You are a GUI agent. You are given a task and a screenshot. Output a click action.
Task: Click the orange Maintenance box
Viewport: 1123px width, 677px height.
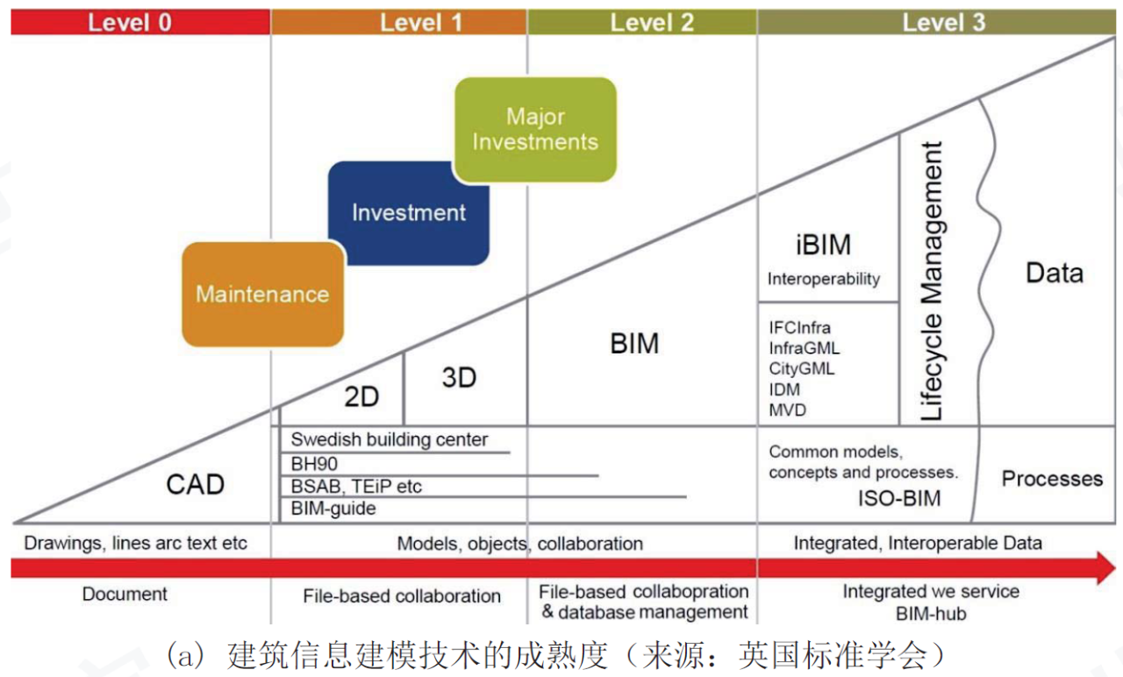click(x=262, y=294)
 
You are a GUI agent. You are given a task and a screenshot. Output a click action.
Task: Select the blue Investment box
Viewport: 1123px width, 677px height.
click(x=409, y=213)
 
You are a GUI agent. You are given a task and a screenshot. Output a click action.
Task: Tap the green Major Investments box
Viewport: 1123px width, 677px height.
click(x=535, y=129)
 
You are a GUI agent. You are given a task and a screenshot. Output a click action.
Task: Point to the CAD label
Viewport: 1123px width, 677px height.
click(x=195, y=485)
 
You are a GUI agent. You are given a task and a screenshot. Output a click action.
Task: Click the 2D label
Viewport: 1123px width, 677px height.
click(x=361, y=397)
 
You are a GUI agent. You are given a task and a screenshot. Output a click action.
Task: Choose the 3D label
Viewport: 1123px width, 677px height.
click(x=459, y=377)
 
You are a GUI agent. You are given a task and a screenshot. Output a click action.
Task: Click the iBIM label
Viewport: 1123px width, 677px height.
click(x=823, y=245)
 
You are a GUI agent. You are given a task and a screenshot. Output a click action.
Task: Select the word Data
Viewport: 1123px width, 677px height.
click(x=1055, y=273)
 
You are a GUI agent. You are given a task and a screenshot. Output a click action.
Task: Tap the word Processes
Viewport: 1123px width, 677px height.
click(x=1052, y=479)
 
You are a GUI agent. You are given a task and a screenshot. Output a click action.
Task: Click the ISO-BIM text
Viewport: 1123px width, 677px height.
click(x=899, y=499)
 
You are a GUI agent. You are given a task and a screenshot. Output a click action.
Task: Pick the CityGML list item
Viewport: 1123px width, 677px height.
click(x=802, y=369)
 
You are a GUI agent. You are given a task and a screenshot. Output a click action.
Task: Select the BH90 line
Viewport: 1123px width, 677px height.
click(x=314, y=464)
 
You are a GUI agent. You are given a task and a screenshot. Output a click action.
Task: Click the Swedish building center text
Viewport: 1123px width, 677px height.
click(x=389, y=439)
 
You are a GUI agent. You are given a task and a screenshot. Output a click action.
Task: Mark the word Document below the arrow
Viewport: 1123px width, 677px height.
click(x=125, y=594)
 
